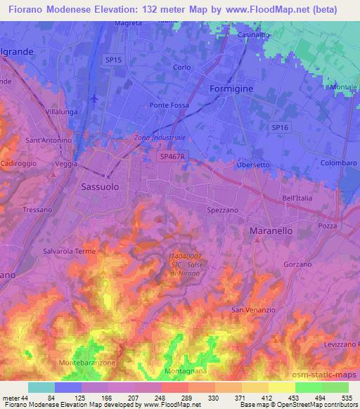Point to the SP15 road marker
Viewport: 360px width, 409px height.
pos(113,60)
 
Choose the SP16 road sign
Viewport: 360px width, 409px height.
pos(280,126)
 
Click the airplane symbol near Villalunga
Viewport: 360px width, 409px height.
pos(94,99)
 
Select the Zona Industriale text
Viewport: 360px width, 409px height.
pos(160,138)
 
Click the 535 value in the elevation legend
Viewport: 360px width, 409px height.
pos(345,398)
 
